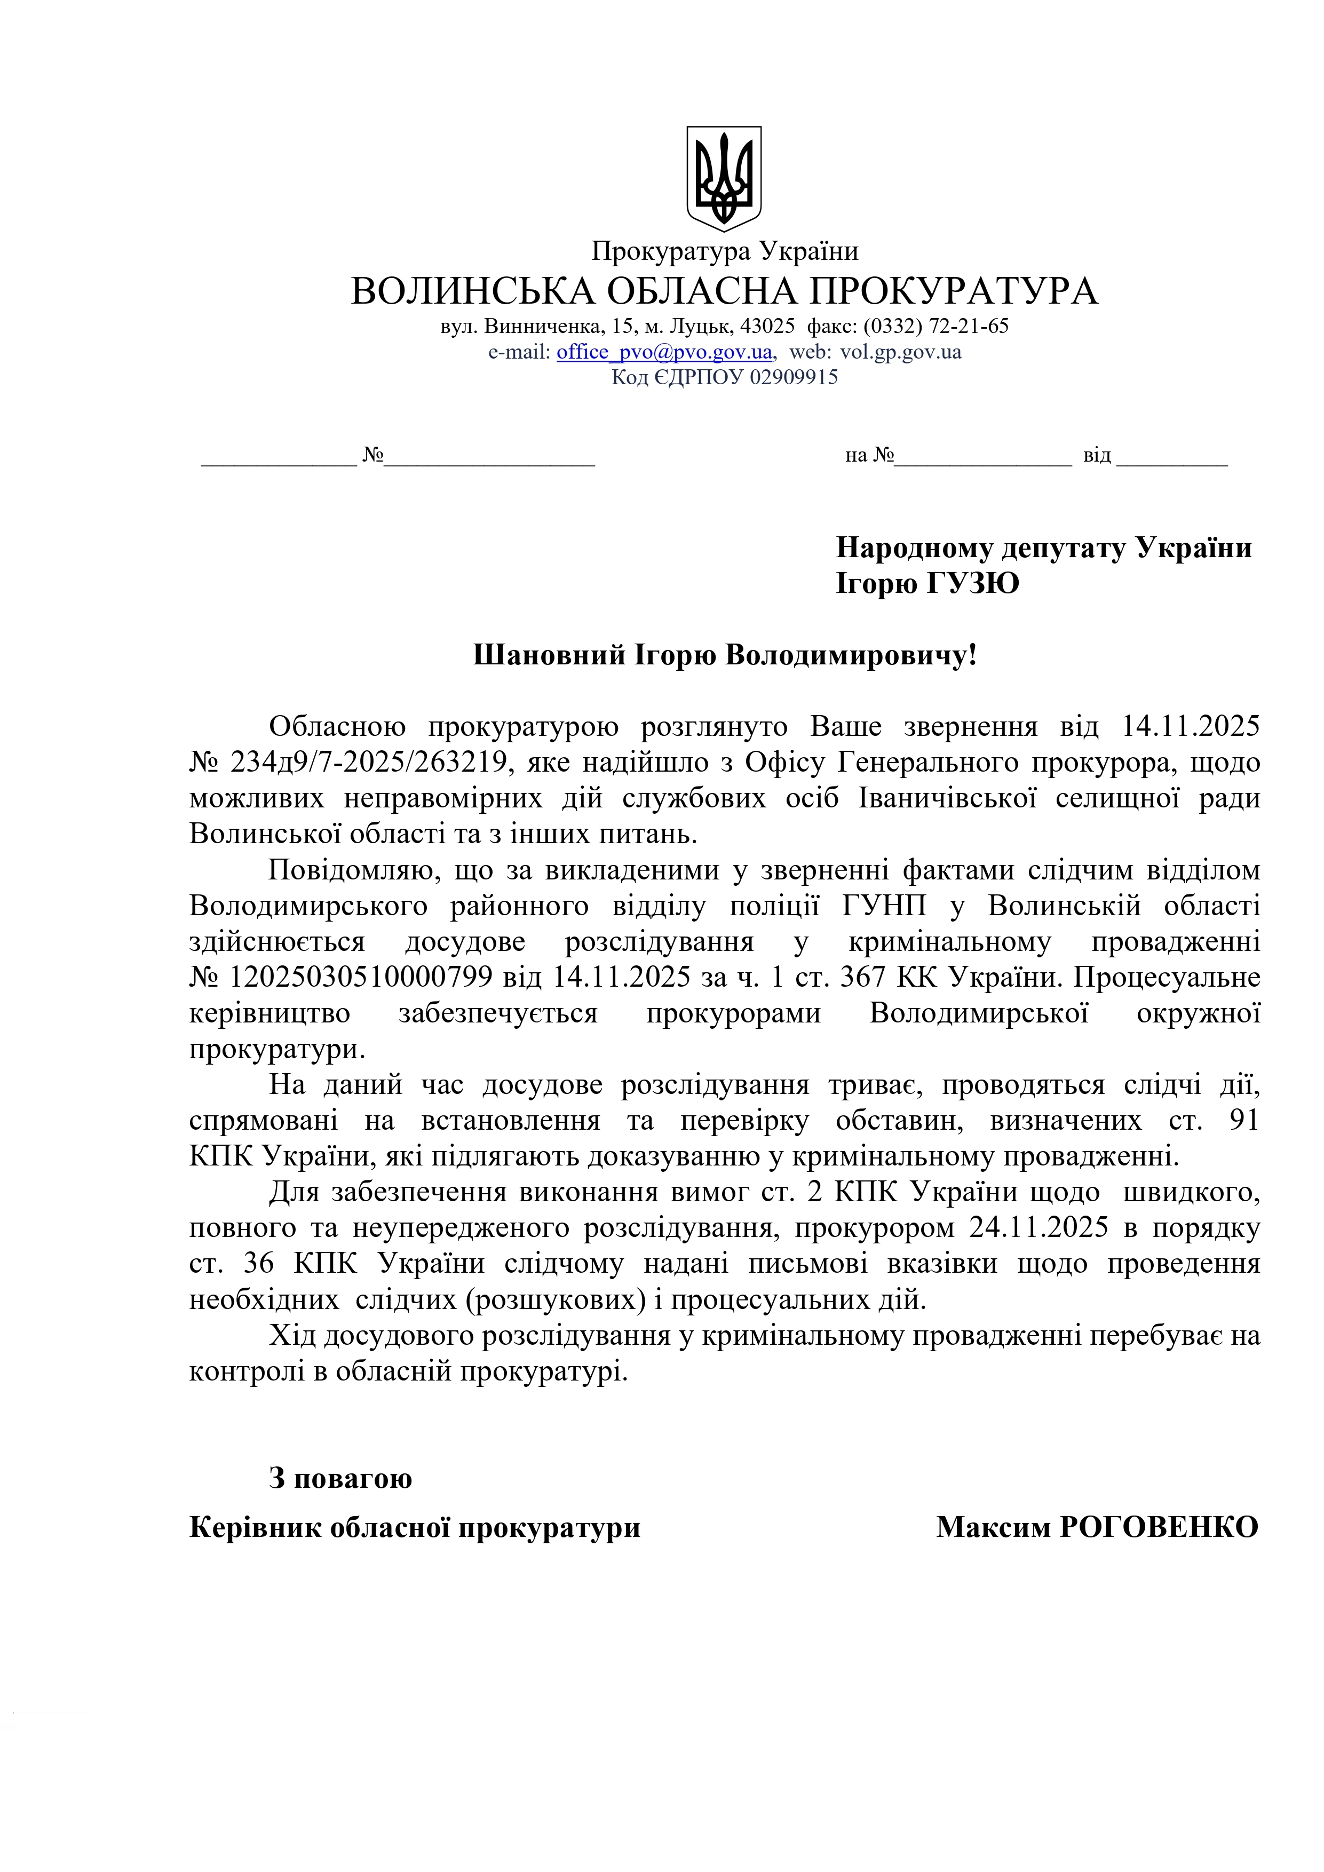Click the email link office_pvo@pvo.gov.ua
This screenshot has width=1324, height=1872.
664,352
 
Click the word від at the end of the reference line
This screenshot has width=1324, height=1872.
1097,456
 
